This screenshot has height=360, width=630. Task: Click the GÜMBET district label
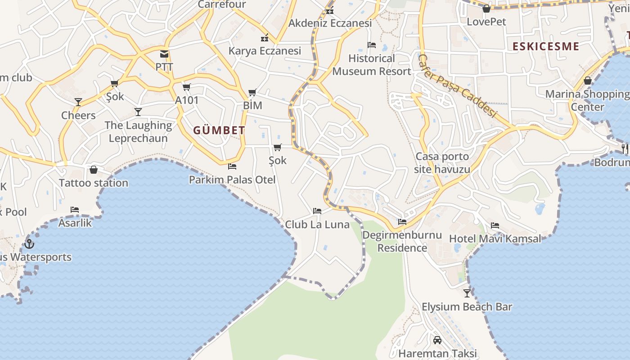219,130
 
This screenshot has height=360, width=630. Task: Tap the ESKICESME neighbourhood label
545,46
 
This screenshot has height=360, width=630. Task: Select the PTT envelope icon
164,54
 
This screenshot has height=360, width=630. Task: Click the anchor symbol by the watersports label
29,244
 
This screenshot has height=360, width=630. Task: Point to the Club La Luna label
317,224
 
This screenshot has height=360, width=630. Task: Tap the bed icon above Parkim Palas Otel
232,166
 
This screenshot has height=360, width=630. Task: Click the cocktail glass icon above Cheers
78,102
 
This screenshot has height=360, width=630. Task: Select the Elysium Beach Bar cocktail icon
467,293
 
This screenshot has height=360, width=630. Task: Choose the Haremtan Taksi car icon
437,340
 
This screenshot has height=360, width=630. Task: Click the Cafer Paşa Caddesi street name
456,85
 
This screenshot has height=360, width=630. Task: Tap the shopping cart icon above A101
187,87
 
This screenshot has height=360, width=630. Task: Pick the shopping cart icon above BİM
252,93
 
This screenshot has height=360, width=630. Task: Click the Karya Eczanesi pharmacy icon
265,38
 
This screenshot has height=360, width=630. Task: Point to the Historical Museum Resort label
372,65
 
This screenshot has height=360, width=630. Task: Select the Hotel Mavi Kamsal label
495,238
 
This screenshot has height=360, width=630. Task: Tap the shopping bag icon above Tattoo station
94,170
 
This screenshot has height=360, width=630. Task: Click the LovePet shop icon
486,9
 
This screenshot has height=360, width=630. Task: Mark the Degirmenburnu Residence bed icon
402,222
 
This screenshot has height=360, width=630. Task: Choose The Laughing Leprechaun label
138,131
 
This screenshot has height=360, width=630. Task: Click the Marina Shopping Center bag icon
588,81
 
